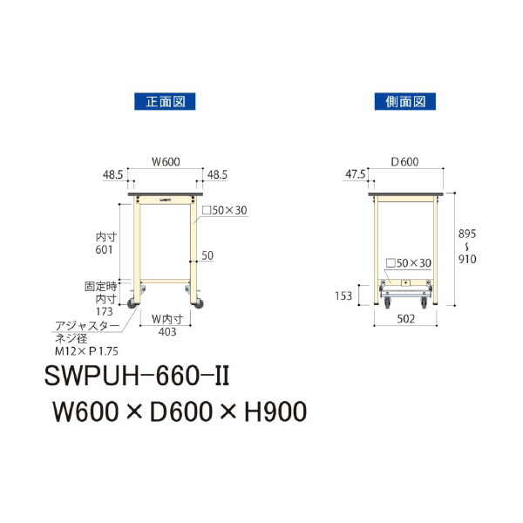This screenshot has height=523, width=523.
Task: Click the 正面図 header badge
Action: point(164,101)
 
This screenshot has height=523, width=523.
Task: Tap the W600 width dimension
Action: point(166,160)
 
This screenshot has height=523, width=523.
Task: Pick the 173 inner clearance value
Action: point(105,309)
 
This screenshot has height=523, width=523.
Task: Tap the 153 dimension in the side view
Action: point(343,296)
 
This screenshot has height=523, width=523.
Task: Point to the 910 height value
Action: point(467,258)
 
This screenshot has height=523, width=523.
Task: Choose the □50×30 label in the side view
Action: point(408,263)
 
